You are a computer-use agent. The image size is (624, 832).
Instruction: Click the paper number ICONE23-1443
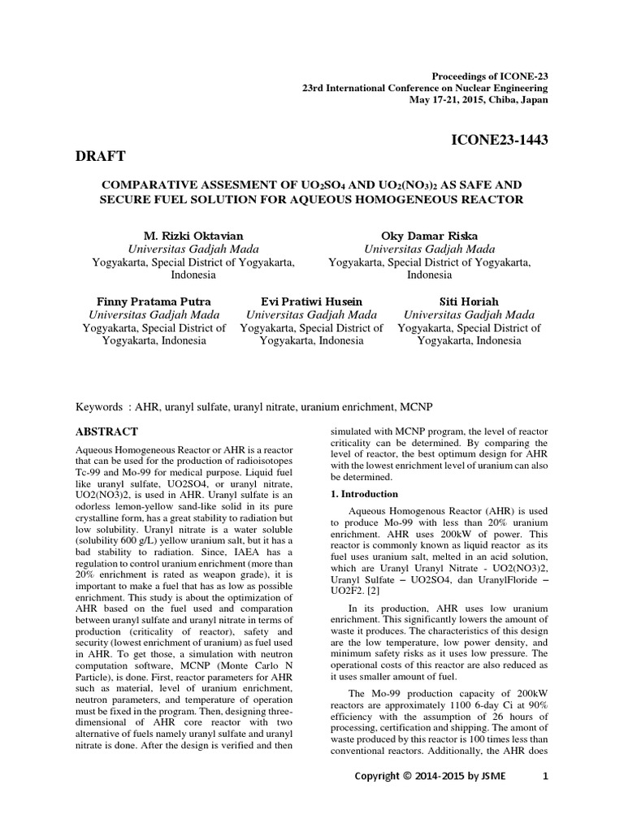(499, 141)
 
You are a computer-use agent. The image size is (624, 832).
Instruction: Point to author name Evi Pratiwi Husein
(311, 301)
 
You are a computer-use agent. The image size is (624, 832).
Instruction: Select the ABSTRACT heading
(106, 431)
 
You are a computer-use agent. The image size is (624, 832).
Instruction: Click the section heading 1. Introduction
(363, 493)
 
